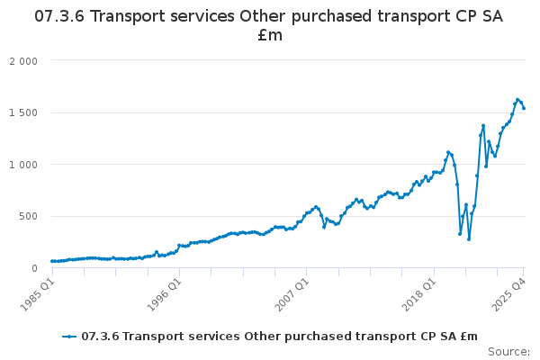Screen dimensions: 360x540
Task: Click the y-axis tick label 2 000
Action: tap(23, 61)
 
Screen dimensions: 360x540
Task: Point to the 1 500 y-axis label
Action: tap(23, 112)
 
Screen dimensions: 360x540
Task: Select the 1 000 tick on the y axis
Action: tap(23, 165)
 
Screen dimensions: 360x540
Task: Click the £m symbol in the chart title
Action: tap(269, 36)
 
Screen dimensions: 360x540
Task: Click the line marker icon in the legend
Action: tap(68, 337)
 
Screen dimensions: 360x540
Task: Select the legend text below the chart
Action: tap(279, 337)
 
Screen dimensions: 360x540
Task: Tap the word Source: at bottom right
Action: tap(509, 352)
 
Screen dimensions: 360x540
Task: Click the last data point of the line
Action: tap(524, 109)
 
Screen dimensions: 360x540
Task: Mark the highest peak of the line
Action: tap(517, 99)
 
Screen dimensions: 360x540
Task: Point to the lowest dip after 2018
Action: tap(469, 238)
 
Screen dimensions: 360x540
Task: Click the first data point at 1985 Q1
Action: tap(52, 261)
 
